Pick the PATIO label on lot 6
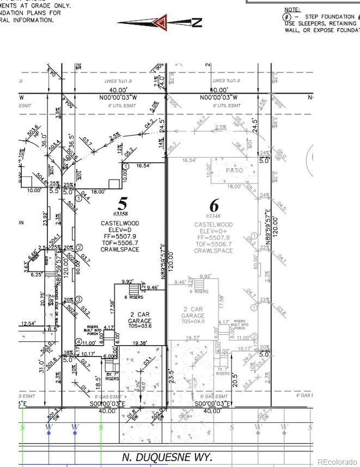234,170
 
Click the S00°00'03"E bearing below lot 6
213,405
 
